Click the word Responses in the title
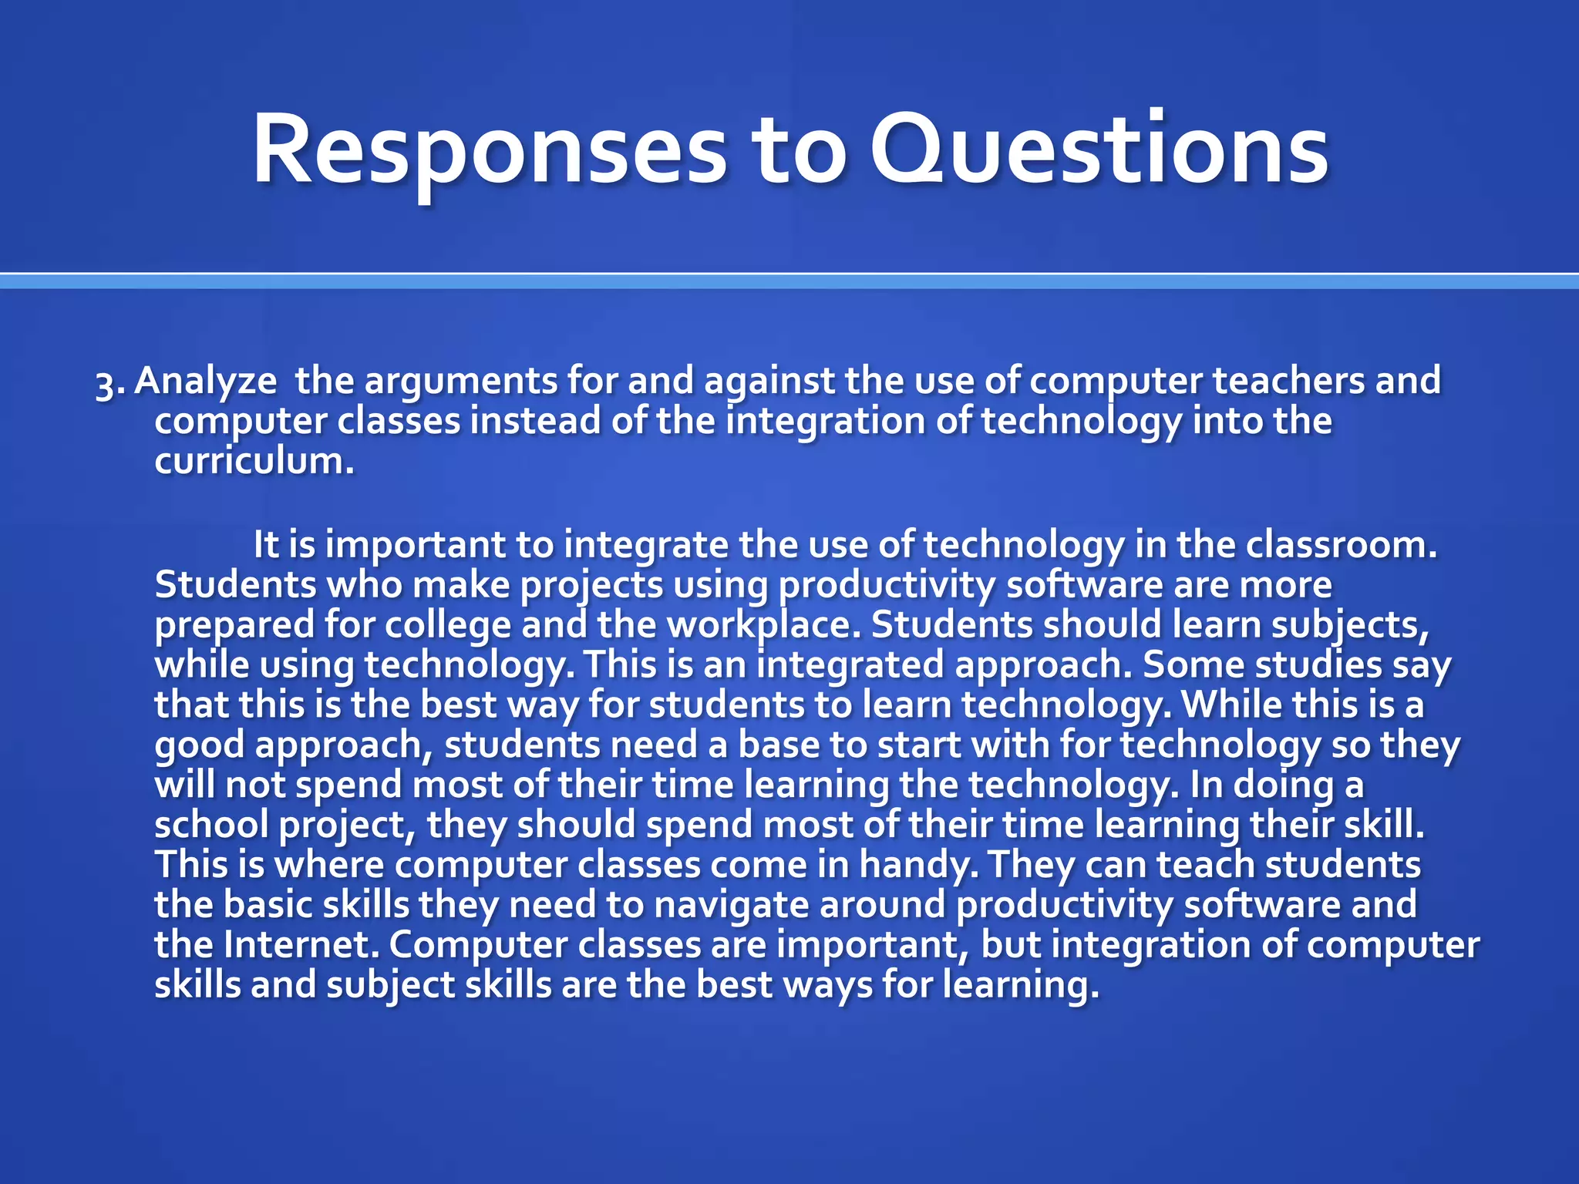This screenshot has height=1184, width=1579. pos(489,150)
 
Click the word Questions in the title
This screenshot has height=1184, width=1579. pos(1099,150)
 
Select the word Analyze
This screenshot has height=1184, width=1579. pos(205,382)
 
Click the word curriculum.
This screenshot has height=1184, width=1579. pos(254,462)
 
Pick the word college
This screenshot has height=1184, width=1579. pos(447,625)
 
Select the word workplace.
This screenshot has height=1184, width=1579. pos(763,625)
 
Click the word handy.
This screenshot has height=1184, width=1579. pos(917,865)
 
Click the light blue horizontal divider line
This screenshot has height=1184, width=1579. pos(789,282)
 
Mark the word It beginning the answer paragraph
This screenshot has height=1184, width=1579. pos(266,545)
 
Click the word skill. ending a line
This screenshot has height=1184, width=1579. pos(1384,825)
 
